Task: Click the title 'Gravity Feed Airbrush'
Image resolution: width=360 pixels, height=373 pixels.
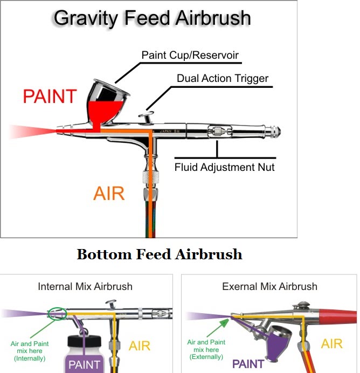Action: (x=152, y=18)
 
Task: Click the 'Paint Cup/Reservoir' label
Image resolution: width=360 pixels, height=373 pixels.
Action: (x=190, y=55)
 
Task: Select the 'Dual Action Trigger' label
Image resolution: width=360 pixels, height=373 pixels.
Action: (x=223, y=78)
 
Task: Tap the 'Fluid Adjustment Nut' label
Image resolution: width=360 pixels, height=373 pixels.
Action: (x=224, y=167)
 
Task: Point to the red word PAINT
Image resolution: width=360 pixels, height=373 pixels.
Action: (x=50, y=96)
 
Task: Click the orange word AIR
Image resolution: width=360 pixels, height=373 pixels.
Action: (x=109, y=193)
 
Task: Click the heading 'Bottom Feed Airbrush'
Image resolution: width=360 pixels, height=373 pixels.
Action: (x=160, y=254)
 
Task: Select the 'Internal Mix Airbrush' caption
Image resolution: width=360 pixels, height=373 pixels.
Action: (x=85, y=286)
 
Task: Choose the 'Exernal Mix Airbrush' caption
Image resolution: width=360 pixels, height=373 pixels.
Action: (x=269, y=286)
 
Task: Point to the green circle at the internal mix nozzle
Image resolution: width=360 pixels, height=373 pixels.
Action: (x=57, y=313)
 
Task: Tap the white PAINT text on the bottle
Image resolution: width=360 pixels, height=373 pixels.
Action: (x=84, y=365)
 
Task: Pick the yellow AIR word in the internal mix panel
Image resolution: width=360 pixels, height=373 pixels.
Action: (x=140, y=346)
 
